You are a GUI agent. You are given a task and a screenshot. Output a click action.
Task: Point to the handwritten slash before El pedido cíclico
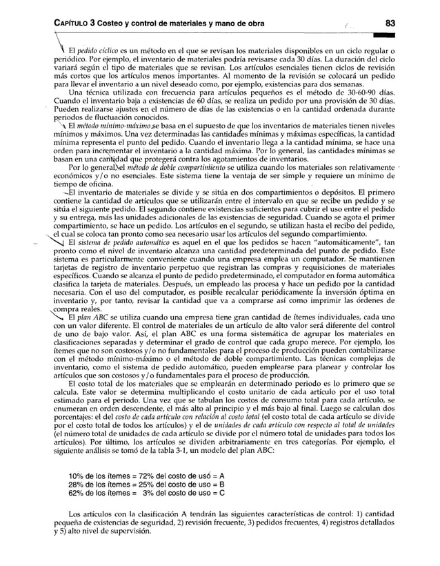click(63, 50)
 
